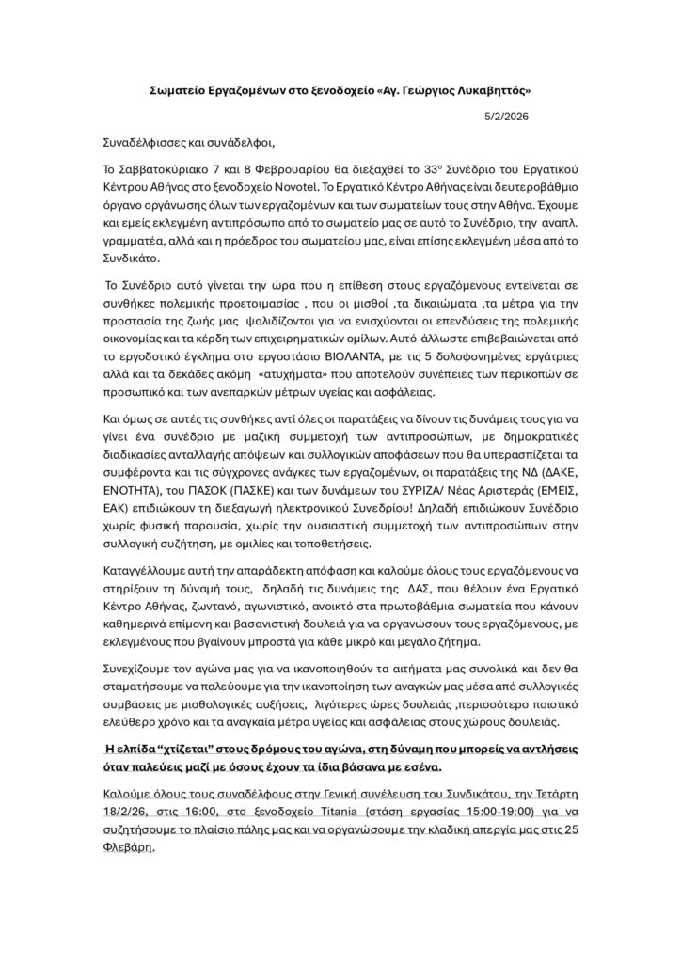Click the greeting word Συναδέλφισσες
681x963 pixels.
point(147,143)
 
